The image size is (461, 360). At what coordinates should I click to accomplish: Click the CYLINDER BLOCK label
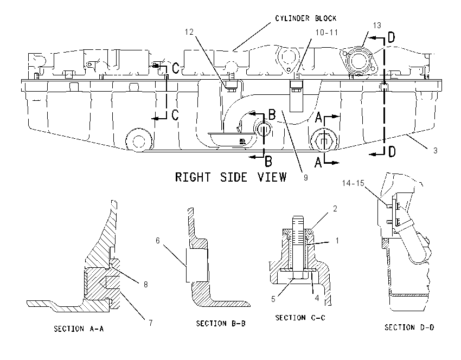(x=306, y=18)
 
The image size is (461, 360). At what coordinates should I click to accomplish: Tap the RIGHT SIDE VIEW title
(x=231, y=177)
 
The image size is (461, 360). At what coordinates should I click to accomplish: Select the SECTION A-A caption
(x=79, y=329)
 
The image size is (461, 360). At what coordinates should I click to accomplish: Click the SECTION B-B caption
(x=221, y=323)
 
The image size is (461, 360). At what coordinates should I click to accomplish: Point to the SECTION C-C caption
(x=300, y=318)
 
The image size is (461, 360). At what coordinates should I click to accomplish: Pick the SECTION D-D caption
(x=409, y=327)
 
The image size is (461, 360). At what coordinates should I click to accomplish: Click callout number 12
(x=189, y=32)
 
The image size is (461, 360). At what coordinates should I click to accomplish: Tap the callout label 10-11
(x=326, y=33)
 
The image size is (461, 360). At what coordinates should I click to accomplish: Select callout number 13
(x=377, y=25)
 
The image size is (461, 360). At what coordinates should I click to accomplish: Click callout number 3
(x=436, y=151)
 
